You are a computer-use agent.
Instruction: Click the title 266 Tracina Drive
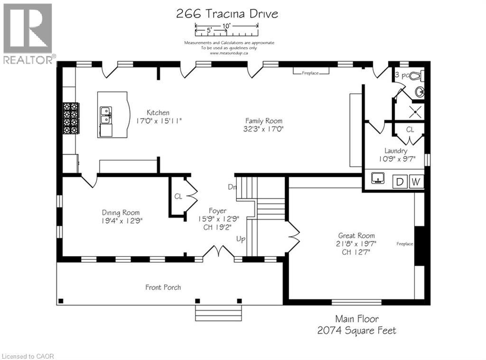227,14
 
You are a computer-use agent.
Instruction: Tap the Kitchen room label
158,113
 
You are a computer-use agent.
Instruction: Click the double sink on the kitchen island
105,115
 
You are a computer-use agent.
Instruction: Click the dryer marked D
399,182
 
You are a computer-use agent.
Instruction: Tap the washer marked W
415,182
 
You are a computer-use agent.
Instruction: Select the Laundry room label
396,151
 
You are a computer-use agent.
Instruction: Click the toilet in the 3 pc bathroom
416,76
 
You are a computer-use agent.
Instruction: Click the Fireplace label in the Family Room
309,73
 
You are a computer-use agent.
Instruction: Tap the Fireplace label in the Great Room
405,244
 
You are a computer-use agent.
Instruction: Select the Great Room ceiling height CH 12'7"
356,252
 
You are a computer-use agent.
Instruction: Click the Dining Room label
121,212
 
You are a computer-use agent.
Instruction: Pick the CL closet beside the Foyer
178,196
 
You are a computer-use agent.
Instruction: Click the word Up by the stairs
241,239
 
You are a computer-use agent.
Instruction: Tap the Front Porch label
163,287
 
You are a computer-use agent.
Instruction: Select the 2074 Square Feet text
356,331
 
